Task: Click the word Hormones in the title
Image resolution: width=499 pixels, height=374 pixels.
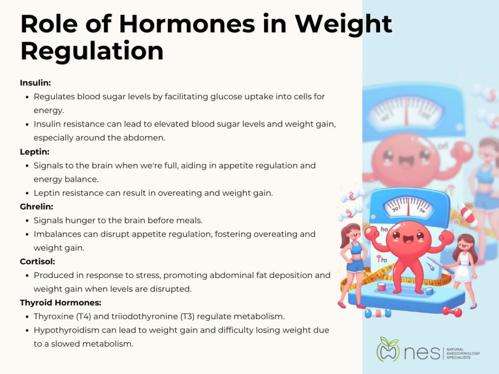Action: coord(187,24)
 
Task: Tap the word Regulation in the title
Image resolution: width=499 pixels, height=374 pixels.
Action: coord(92,51)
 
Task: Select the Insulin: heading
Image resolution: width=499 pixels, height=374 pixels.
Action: coord(35,83)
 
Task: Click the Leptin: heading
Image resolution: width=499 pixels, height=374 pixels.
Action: coord(35,152)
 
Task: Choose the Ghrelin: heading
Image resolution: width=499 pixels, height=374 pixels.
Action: coord(36,206)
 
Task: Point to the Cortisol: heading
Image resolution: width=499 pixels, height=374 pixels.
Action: coord(37,262)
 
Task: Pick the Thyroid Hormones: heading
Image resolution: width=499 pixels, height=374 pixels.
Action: coord(60,302)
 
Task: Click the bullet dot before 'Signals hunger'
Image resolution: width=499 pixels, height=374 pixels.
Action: coord(27,221)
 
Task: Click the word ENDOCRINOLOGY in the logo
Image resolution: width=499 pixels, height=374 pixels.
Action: coord(463,354)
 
